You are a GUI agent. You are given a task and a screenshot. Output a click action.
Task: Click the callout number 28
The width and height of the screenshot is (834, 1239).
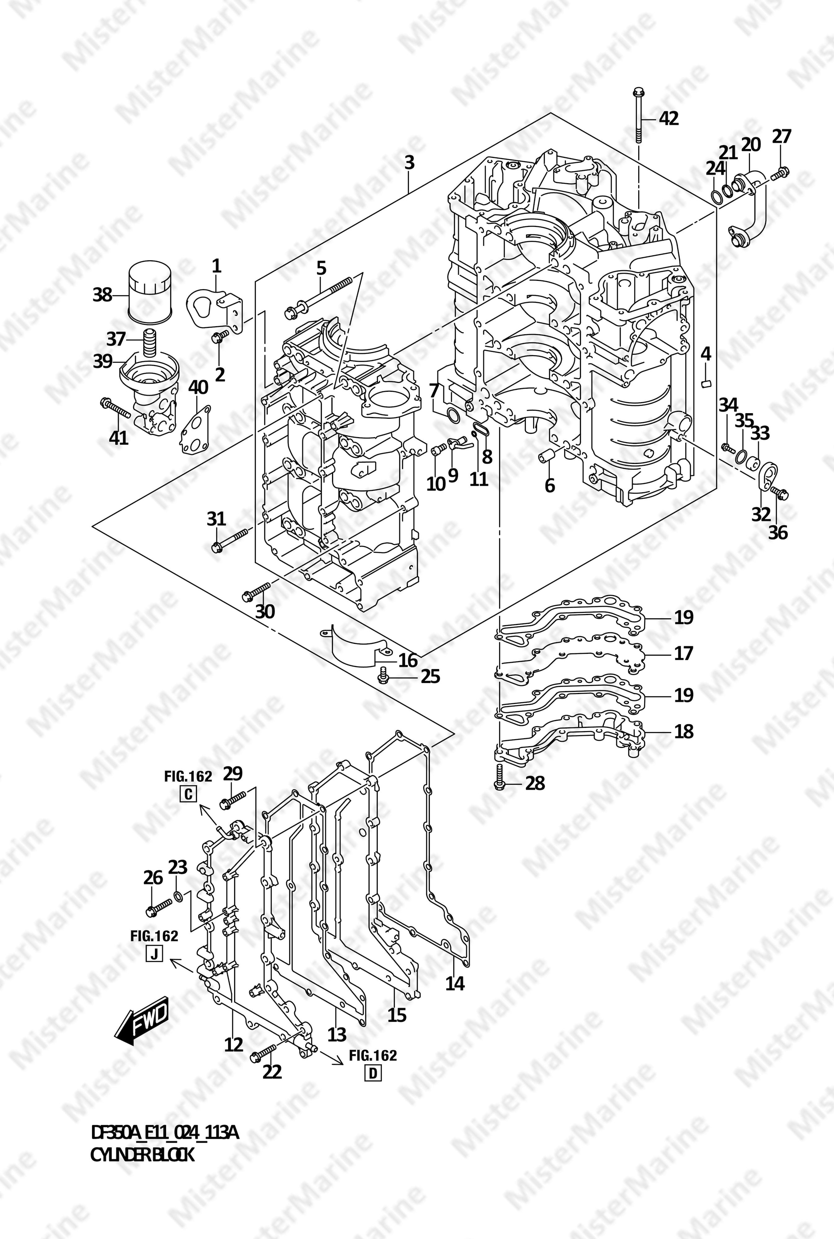click(x=535, y=783)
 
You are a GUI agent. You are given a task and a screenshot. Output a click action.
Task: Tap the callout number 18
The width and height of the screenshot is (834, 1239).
click(x=684, y=731)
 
